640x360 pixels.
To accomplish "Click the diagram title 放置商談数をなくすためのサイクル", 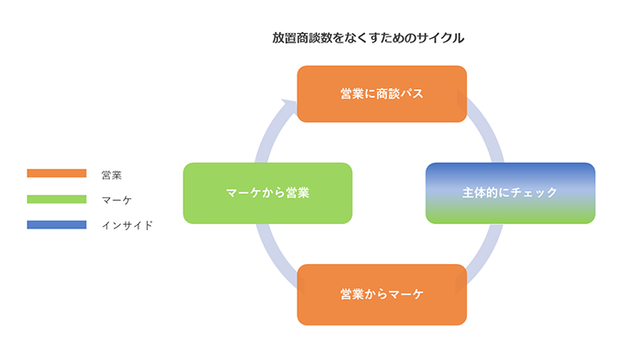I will coord(368,38).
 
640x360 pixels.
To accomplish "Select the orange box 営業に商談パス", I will coord(381,93).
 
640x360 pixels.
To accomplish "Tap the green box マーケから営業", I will coord(267,193).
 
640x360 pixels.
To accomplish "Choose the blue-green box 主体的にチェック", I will coord(509,193).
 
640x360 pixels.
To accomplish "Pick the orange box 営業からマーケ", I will coord(381,294).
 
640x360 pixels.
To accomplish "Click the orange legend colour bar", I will coord(57,174).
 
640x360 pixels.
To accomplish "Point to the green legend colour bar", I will coord(57,199).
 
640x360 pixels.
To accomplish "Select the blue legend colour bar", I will coord(57,225).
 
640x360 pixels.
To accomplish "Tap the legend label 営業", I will coord(111,175).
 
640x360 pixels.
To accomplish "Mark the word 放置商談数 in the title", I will coord(299,38).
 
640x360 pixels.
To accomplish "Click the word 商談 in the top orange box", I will coord(386,93).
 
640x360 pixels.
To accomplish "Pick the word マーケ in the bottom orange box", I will coord(403,294).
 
